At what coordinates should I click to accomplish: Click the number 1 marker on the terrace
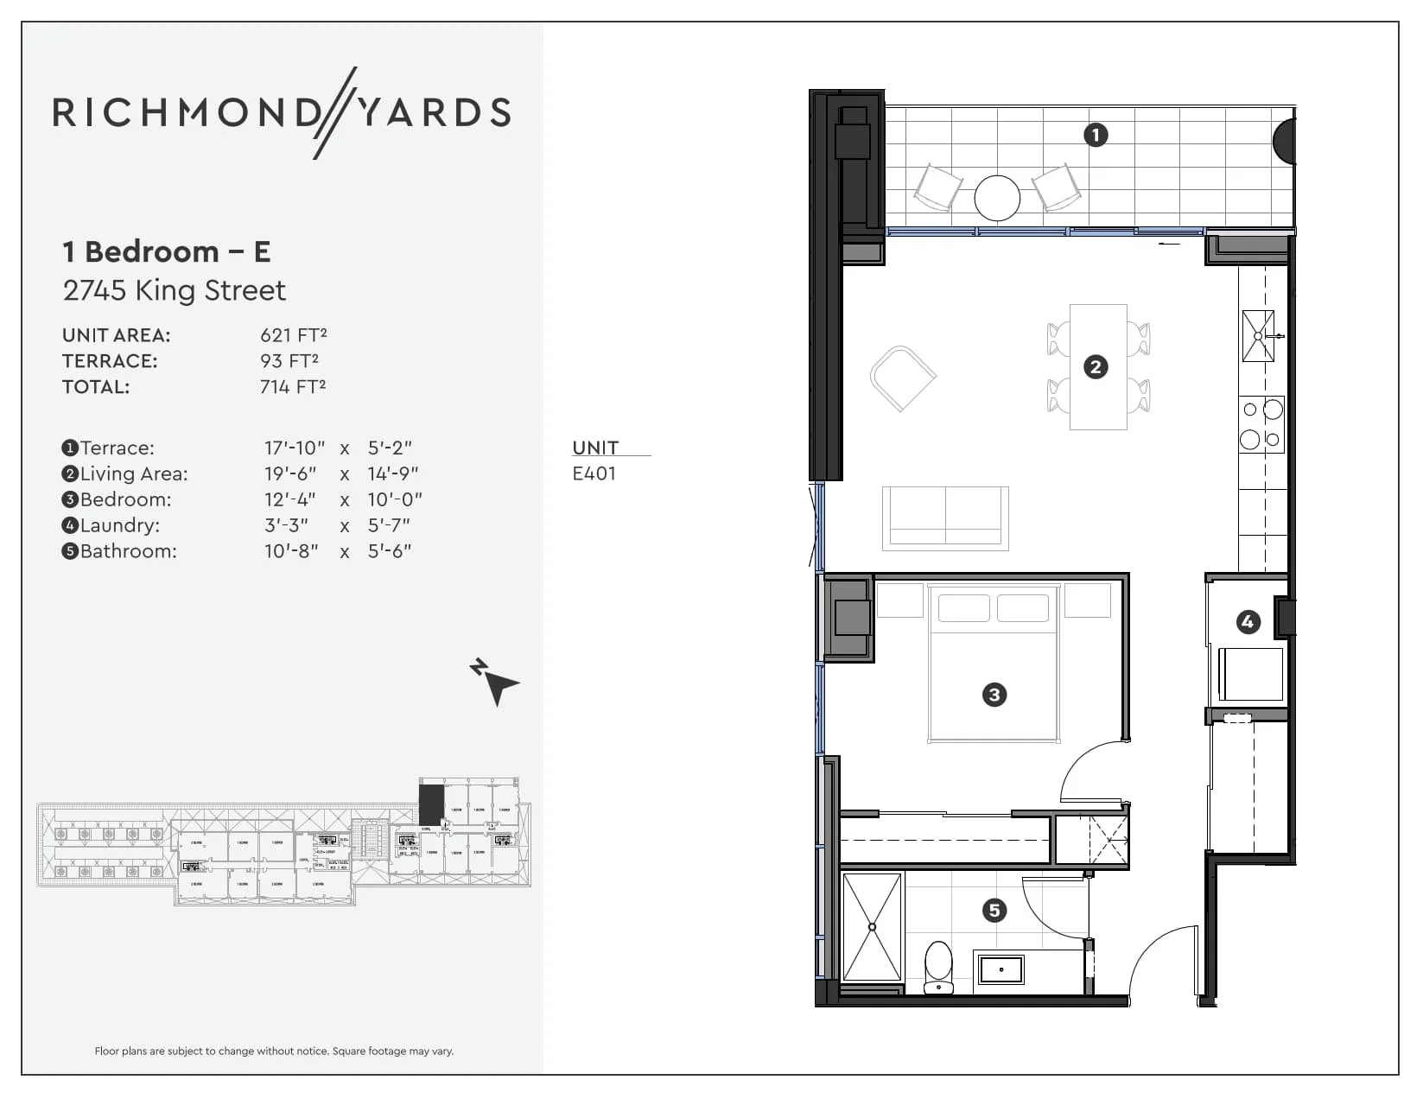coord(1096,135)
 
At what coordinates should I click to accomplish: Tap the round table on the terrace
coord(997,198)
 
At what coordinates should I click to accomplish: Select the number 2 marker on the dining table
coord(1096,367)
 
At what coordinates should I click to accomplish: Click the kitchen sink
coord(1258,335)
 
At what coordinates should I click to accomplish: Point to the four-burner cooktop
coord(1261,424)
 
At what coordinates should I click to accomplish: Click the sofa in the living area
coord(945,518)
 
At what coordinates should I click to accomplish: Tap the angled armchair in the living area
coord(903,378)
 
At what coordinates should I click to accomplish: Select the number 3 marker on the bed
coord(994,695)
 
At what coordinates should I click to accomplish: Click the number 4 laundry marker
coord(1248,621)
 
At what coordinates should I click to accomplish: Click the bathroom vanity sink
coord(1001,969)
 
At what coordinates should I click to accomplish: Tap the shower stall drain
coord(872,927)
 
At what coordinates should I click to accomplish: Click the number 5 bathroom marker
coord(994,910)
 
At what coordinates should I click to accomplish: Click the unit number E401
coord(594,473)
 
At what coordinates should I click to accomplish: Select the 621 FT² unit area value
coord(293,335)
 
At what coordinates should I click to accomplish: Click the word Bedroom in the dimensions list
coord(125,499)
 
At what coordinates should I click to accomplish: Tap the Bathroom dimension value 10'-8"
coord(291,551)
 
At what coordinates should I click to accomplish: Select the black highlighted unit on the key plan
coord(431,804)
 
